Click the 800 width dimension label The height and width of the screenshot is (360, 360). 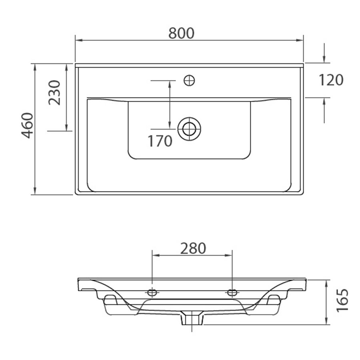pyautogui.click(x=181, y=33)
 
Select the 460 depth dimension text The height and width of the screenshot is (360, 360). pyautogui.click(x=28, y=126)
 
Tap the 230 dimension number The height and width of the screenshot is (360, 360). pyautogui.click(x=54, y=92)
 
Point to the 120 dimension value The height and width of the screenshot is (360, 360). pyautogui.click(x=331, y=80)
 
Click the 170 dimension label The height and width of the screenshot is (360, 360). pyautogui.click(x=160, y=141)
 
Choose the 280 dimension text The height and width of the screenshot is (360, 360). pyautogui.click(x=193, y=248)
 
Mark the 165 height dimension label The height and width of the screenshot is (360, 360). pyautogui.click(x=342, y=300)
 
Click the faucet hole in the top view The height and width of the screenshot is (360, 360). pyautogui.click(x=190, y=80)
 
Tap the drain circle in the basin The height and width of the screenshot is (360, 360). pyautogui.click(x=189, y=129)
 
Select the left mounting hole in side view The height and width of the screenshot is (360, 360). pyautogui.click(x=152, y=292)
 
